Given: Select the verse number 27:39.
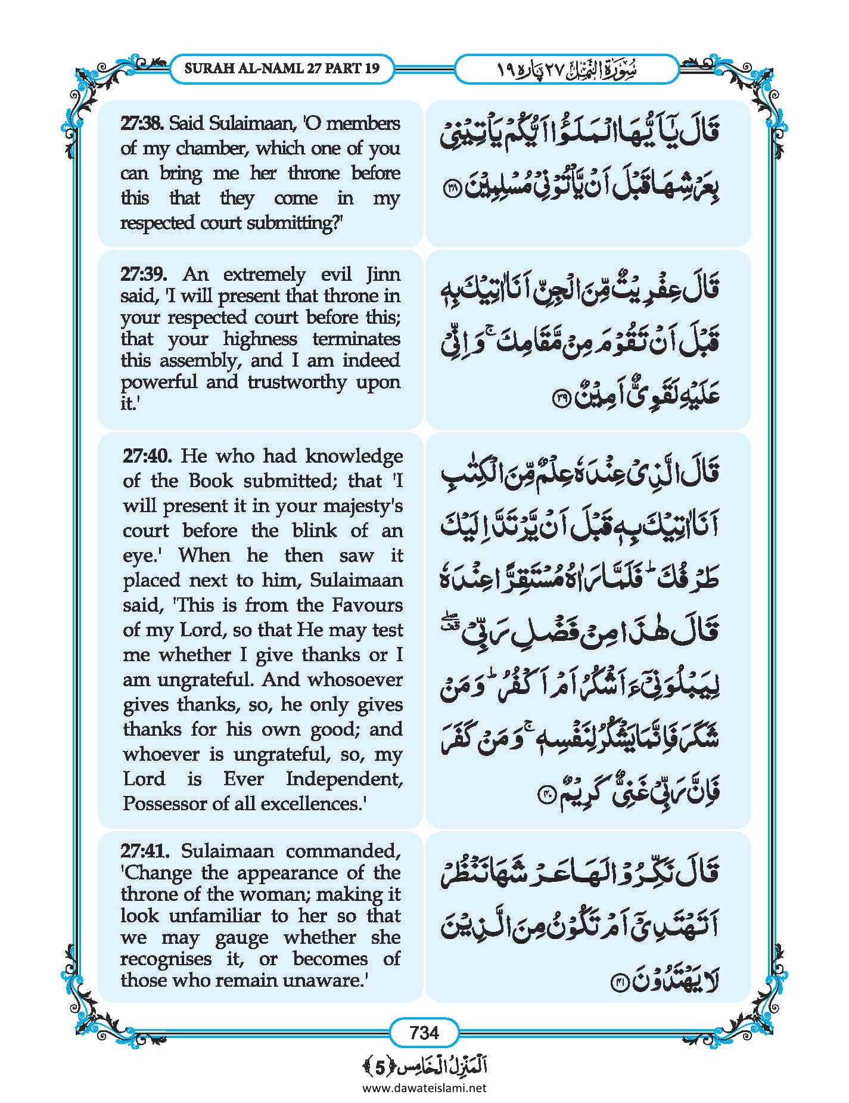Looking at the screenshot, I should [143, 274].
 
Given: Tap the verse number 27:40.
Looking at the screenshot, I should [147, 456].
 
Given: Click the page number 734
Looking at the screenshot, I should [424, 1032].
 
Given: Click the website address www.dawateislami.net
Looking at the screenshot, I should [424, 1087].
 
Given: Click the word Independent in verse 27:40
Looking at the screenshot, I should [344, 779].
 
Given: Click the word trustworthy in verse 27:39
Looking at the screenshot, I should [296, 382].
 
